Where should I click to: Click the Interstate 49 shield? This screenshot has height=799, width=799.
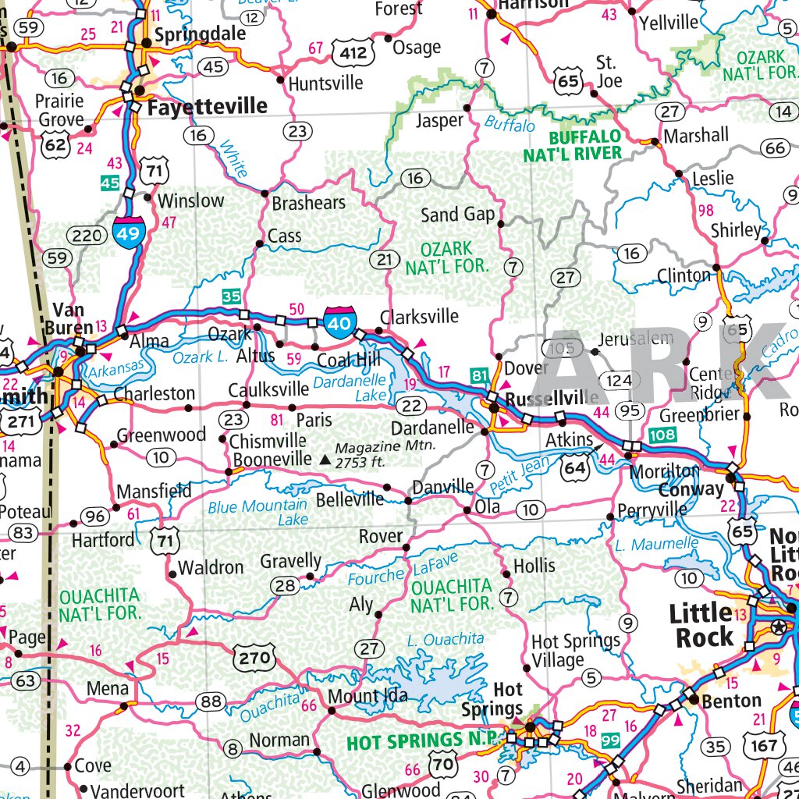[x=130, y=232]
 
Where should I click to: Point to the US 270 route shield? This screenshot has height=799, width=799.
[x=254, y=657]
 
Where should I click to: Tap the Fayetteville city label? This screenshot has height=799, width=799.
[x=207, y=107]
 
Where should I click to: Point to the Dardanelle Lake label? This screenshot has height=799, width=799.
[x=350, y=388]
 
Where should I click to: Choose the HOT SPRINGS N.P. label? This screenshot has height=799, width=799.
[x=415, y=740]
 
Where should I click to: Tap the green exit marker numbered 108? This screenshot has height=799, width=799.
[x=661, y=434]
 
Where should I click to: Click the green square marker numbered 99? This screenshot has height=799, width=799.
[x=611, y=740]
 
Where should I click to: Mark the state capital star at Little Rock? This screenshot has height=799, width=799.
[x=778, y=627]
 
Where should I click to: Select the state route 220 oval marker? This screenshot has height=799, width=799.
[x=85, y=235]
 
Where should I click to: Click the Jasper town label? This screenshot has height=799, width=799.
[x=439, y=121]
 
